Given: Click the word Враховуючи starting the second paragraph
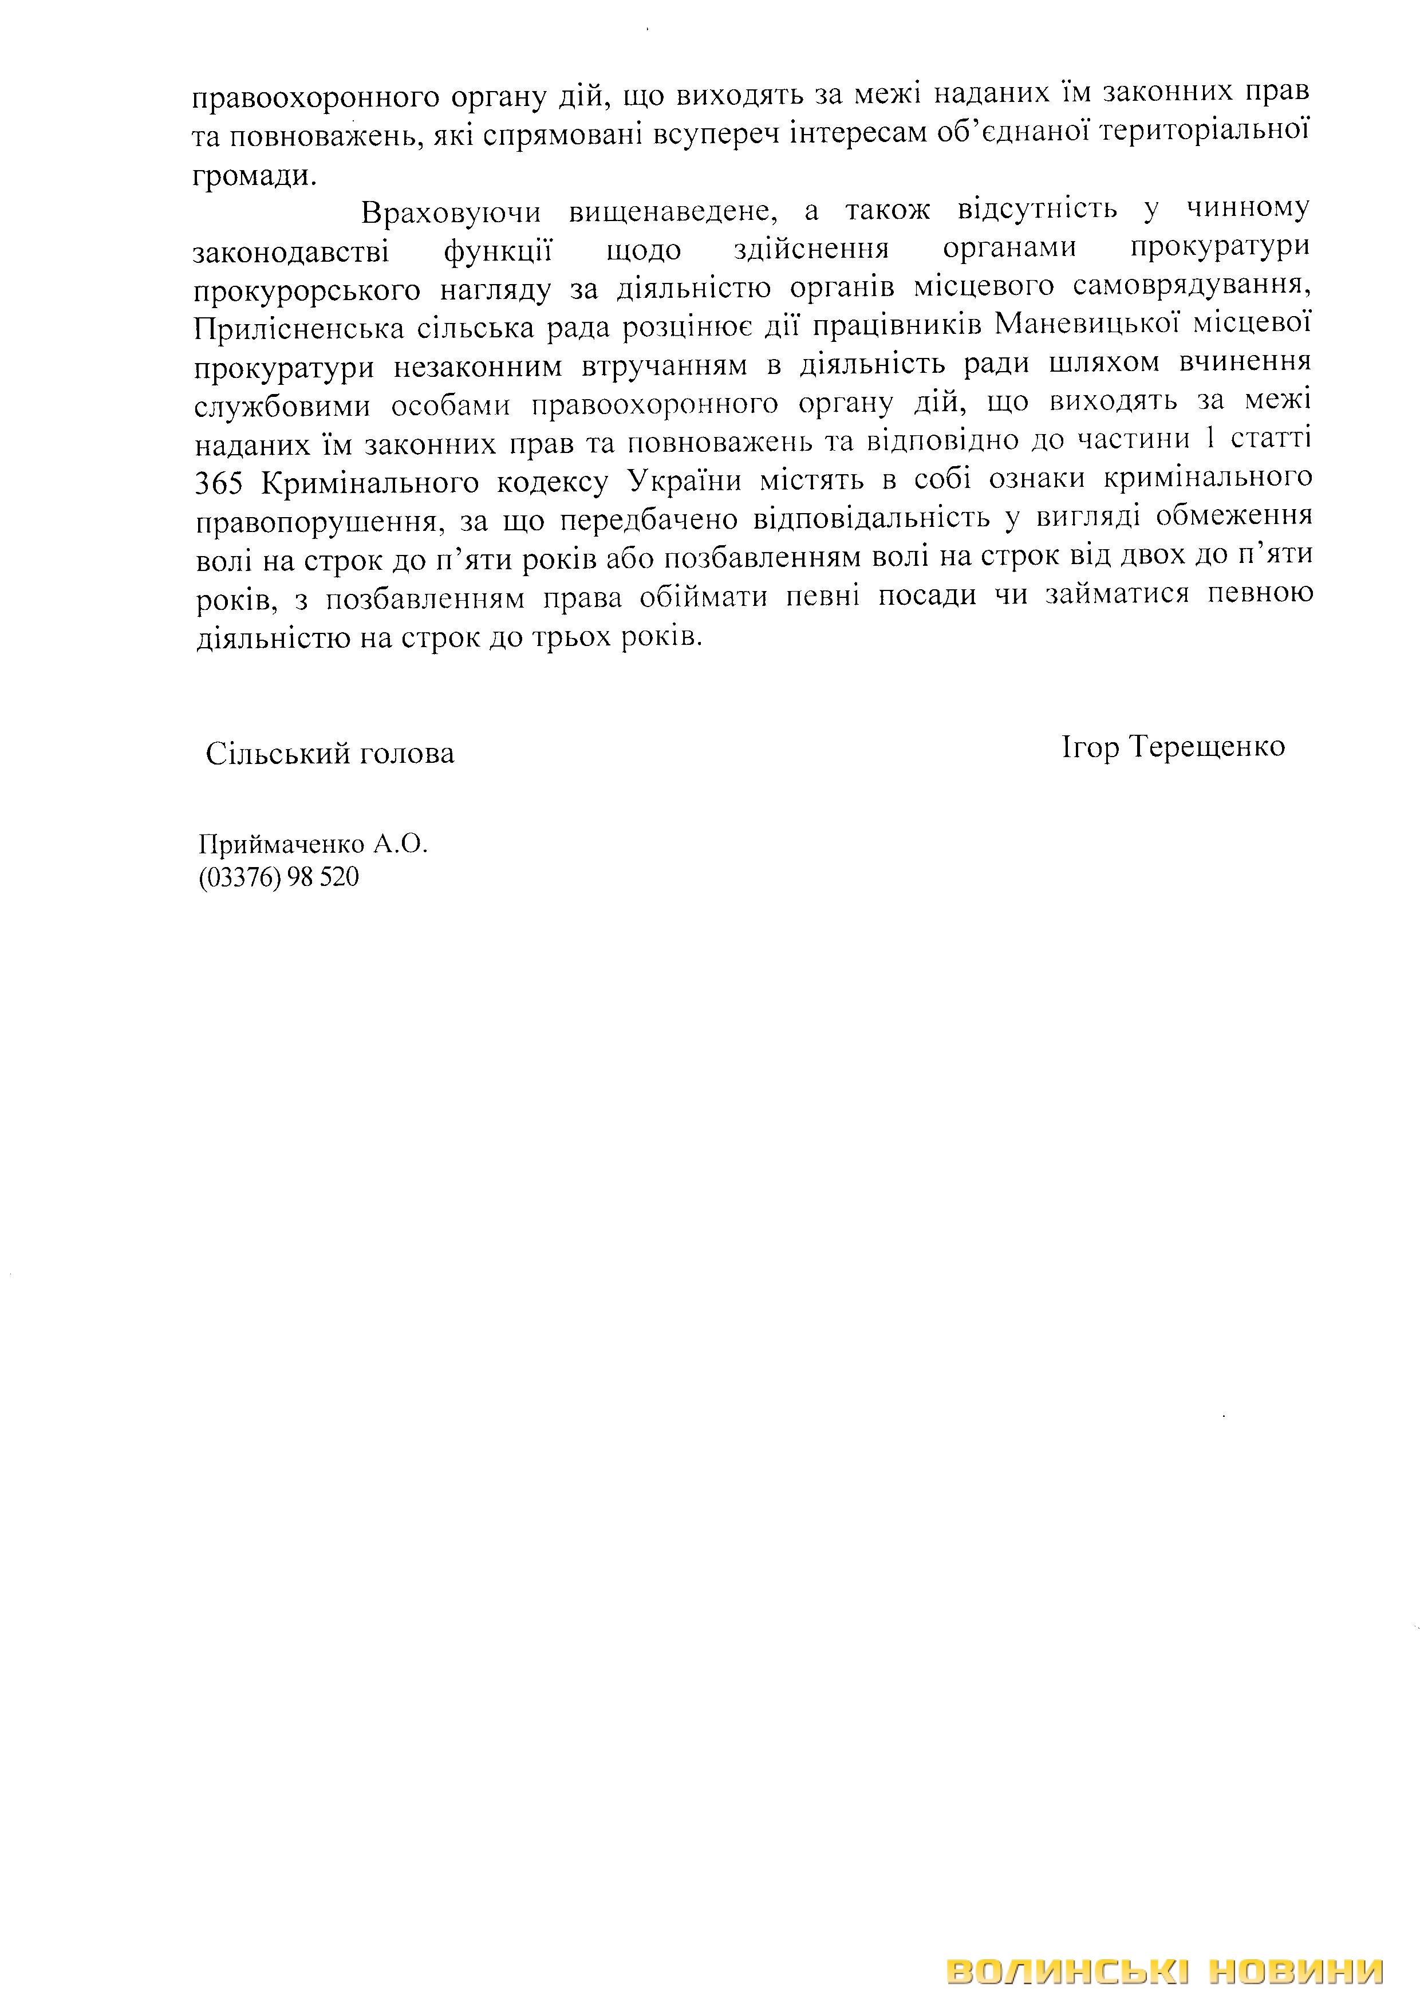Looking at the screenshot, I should (451, 212).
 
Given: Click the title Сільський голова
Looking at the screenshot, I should (330, 754).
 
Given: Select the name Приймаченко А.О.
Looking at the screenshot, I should (313, 844).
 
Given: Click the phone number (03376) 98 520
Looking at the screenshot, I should (278, 877).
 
